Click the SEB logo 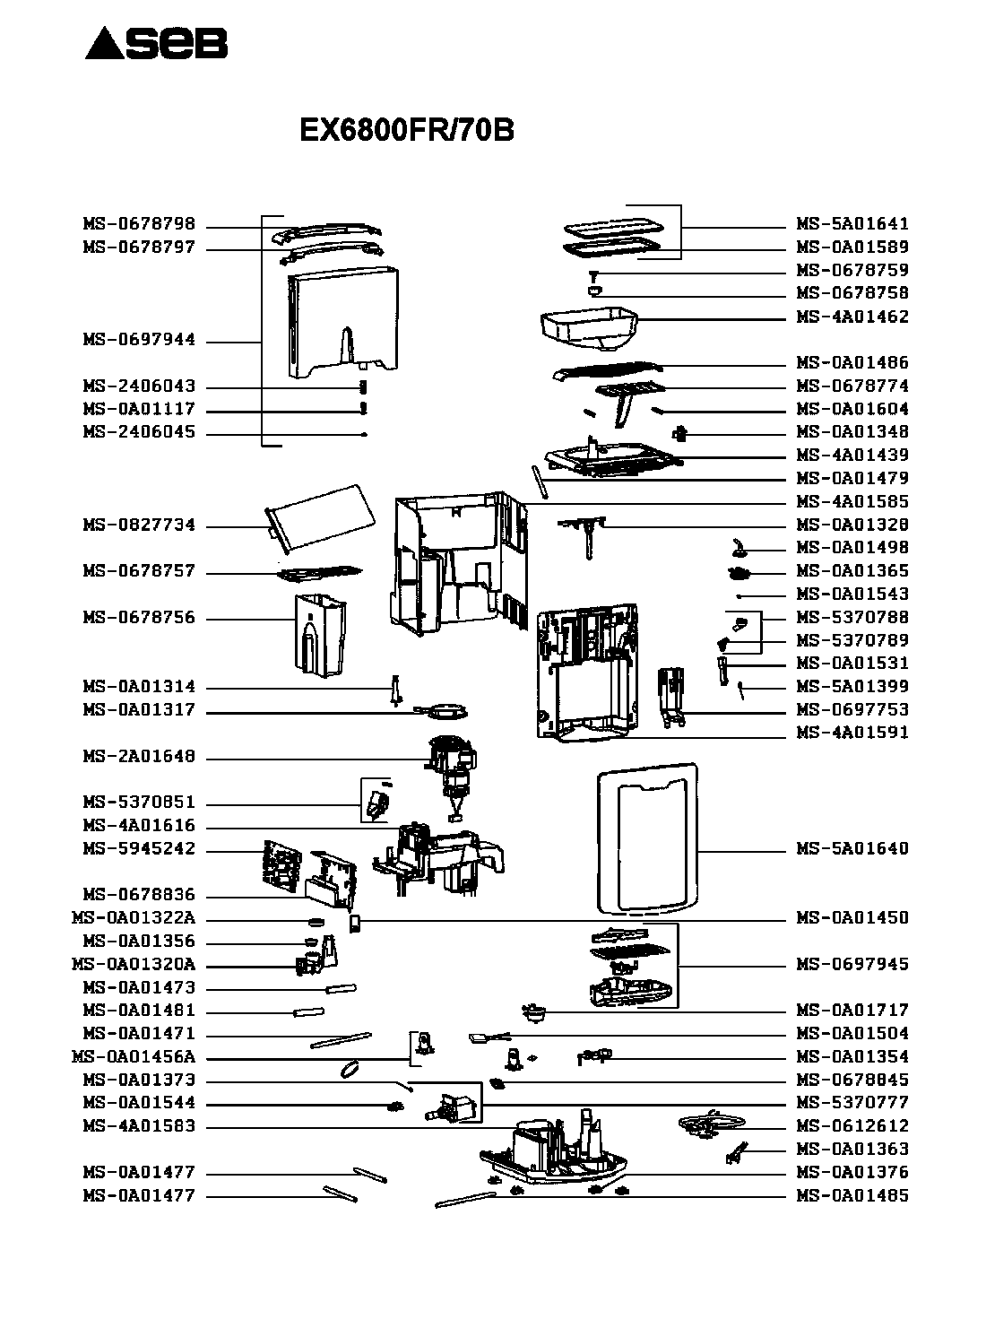156,43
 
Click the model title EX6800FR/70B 406,129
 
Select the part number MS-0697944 139,340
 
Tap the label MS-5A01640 852,848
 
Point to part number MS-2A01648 139,756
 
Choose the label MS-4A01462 852,317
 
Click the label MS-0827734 139,525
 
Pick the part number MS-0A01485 852,1195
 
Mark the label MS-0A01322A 134,918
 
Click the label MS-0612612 852,1126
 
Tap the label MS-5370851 139,802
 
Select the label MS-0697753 852,709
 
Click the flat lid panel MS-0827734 320,518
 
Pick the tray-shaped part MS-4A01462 589,329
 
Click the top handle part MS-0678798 326,232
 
